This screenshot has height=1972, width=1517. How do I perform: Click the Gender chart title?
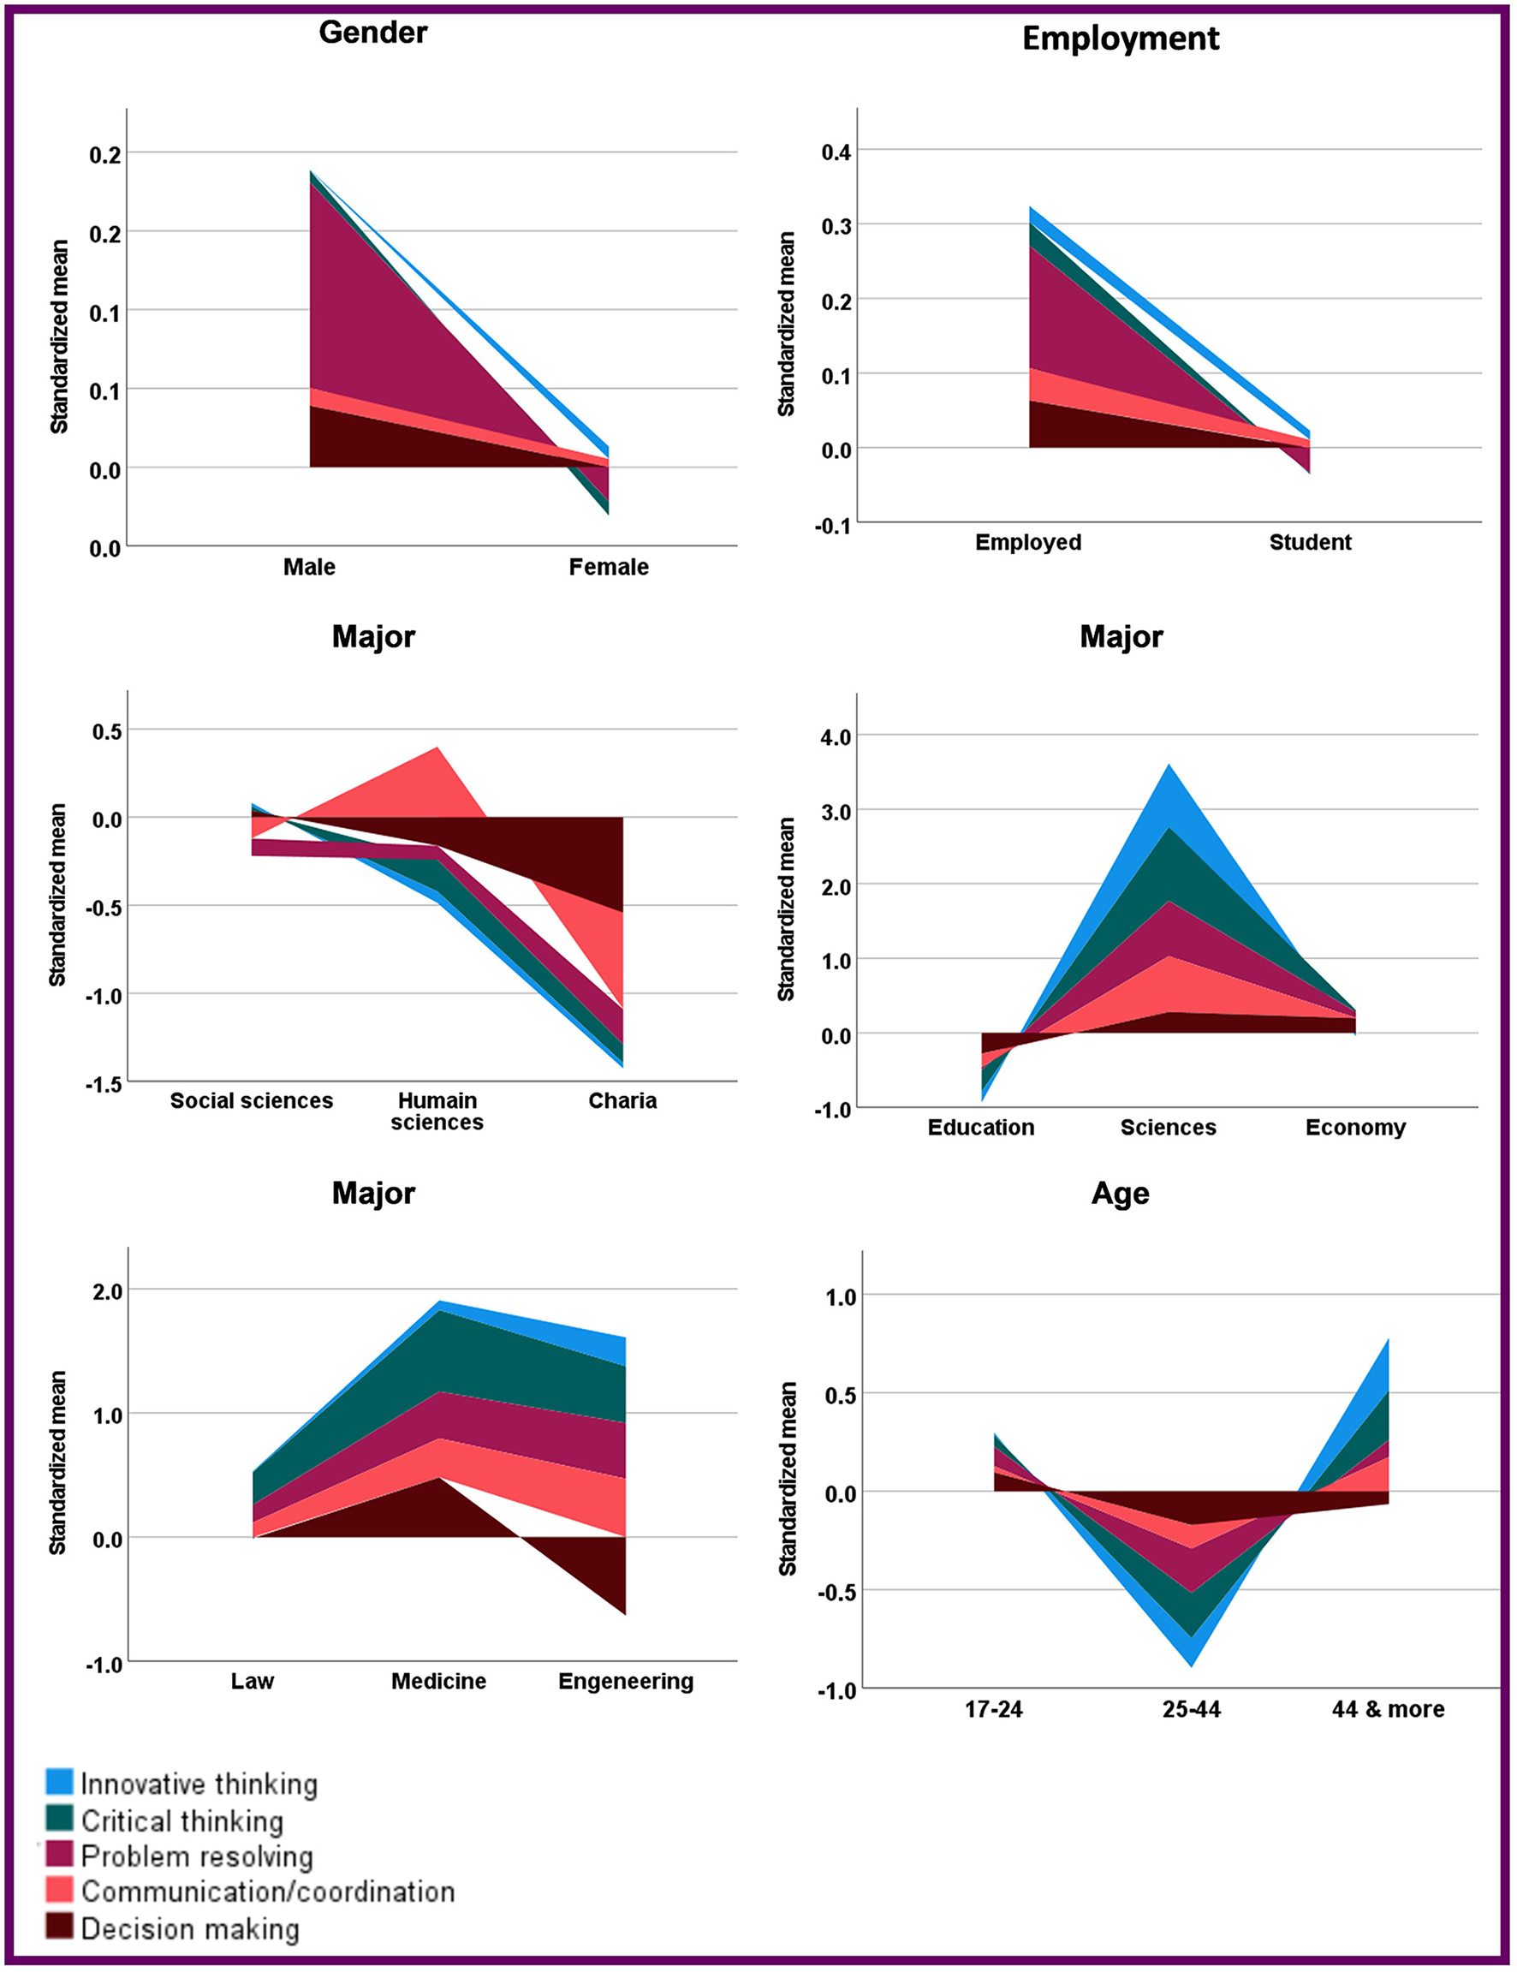pyautogui.click(x=373, y=33)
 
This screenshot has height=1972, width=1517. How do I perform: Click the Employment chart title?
pyautogui.click(x=1120, y=39)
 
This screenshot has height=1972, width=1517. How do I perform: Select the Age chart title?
pyautogui.click(x=1120, y=1193)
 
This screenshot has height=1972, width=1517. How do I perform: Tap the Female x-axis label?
pyautogui.click(x=609, y=567)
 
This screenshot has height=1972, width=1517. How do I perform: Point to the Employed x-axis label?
pyautogui.click(x=1027, y=543)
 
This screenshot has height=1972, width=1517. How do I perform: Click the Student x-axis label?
pyautogui.click(x=1309, y=543)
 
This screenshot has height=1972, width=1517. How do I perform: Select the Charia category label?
pyautogui.click(x=622, y=1100)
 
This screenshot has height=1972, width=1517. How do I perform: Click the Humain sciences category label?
pyautogui.click(x=437, y=1111)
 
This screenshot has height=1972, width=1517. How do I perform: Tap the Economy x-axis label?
pyautogui.click(x=1354, y=1128)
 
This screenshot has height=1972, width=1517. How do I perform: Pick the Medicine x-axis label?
pyautogui.click(x=438, y=1681)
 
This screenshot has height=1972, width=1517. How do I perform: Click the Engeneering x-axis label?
pyautogui.click(x=626, y=1681)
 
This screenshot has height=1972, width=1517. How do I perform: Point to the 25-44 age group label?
pyautogui.click(x=1191, y=1709)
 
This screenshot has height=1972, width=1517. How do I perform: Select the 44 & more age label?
pyautogui.click(x=1388, y=1709)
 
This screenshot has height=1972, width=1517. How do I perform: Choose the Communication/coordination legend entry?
pyautogui.click(x=267, y=1891)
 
